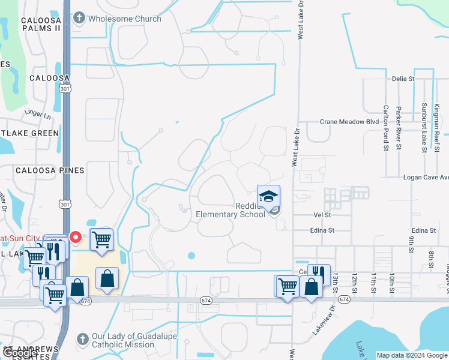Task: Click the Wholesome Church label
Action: coord(124,19)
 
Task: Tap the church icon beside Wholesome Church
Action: coord(79,19)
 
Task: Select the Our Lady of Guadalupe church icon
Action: coord(83,340)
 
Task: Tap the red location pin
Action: coord(76,238)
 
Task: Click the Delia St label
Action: coord(403,79)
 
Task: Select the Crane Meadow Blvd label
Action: coord(349,122)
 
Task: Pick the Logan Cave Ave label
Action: coord(426,178)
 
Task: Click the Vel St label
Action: coord(322,214)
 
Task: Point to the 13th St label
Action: coord(336,281)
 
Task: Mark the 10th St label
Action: coord(391,281)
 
